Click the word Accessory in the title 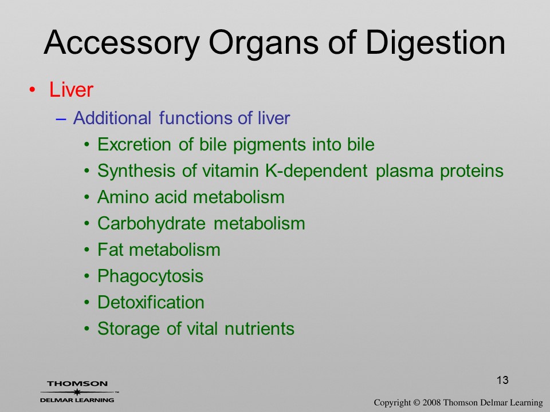tap(121, 43)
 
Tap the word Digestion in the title tap(435, 43)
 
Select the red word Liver tap(71, 90)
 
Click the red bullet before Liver tap(33, 90)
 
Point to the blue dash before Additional tap(61, 119)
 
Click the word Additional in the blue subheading tap(112, 118)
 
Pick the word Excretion tap(134, 144)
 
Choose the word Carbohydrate tap(151, 224)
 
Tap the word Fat tap(110, 250)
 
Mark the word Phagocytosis tap(151, 276)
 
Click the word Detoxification tap(151, 302)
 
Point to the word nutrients tap(260, 328)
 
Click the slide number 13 tap(502, 380)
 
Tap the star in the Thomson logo tap(77, 392)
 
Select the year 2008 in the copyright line tap(432, 403)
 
